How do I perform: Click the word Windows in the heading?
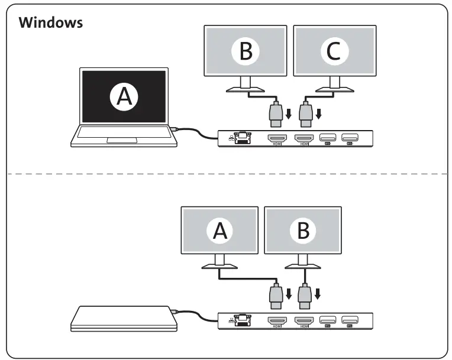pyautogui.click(x=51, y=23)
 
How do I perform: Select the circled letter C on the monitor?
pyautogui.click(x=334, y=52)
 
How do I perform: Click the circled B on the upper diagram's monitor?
pyautogui.click(x=245, y=52)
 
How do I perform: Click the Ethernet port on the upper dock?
pyautogui.click(x=241, y=138)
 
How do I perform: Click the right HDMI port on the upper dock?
pyautogui.click(x=305, y=138)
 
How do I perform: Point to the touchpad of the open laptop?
pyautogui.click(x=123, y=140)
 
